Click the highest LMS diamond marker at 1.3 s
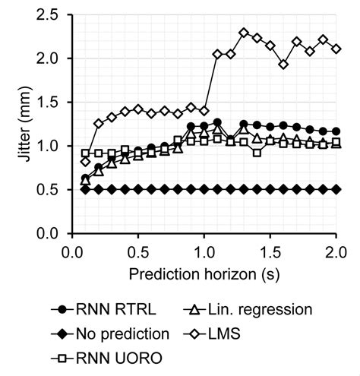[244, 33]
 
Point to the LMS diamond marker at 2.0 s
[336, 49]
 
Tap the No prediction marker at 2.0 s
[336, 189]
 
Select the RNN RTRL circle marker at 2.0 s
[336, 131]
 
